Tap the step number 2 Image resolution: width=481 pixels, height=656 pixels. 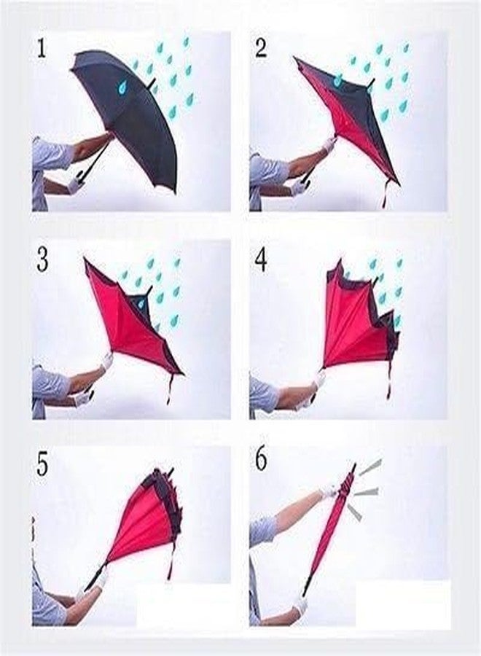pyautogui.click(x=261, y=50)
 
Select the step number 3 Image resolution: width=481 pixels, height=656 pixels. pyautogui.click(x=42, y=259)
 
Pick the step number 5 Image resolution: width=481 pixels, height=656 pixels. pyautogui.click(x=42, y=464)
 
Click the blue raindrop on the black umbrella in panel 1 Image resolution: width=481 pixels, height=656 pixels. pyautogui.click(x=123, y=87)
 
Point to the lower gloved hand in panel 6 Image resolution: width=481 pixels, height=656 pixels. pyautogui.click(x=300, y=604)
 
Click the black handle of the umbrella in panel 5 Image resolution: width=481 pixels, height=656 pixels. pyautogui.click(x=95, y=579)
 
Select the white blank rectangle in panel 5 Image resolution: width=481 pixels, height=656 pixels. pyautogui.click(x=183, y=604)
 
